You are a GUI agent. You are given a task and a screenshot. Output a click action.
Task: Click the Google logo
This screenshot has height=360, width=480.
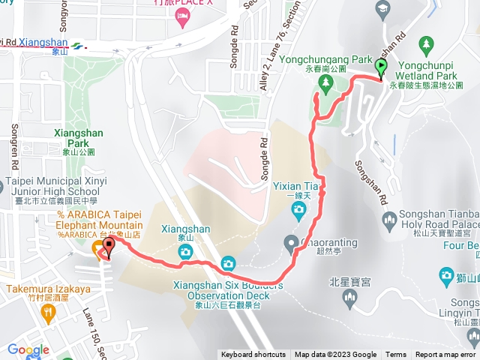[x=28, y=350]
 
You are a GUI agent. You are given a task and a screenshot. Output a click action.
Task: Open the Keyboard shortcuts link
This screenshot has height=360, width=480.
[x=253, y=355]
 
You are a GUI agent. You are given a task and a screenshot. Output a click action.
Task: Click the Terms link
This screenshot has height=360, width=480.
[x=396, y=355]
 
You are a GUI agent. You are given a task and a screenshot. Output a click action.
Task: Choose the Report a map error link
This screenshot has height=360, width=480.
[x=446, y=355]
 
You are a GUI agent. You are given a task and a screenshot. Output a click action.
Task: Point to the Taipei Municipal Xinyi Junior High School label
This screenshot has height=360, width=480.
[x=56, y=186]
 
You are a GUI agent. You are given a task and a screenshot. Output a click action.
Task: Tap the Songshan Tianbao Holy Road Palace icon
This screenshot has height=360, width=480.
[x=388, y=220]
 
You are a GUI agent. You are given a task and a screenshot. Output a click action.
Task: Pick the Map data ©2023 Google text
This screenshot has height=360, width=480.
[x=335, y=355]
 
